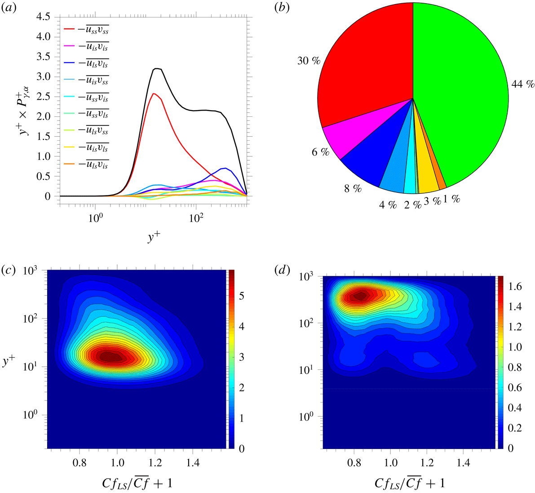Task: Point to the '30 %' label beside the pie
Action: pyautogui.click(x=309, y=61)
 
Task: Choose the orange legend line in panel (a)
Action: pyautogui.click(x=69, y=164)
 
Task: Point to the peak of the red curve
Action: pyautogui.click(x=154, y=93)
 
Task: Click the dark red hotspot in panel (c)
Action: pyautogui.click(x=110, y=357)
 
